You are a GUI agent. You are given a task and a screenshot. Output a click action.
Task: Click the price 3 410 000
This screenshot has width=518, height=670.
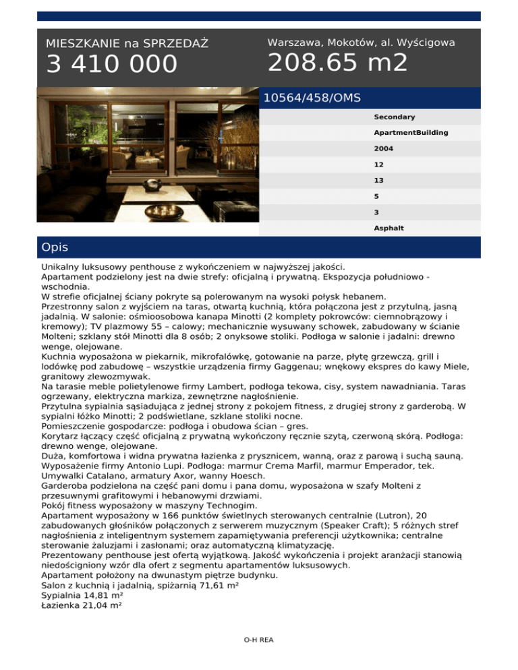click(111, 65)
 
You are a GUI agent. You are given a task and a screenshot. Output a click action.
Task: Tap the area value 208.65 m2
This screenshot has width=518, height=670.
click(337, 63)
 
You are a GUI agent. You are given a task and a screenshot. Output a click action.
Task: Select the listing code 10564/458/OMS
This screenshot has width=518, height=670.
click(312, 98)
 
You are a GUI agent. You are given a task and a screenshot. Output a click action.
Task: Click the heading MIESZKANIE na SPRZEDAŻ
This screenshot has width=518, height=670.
click(127, 44)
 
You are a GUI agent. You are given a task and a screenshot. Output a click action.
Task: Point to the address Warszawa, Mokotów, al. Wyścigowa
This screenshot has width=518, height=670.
click(361, 42)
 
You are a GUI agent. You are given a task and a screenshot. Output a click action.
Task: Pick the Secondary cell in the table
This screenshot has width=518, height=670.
click(395, 117)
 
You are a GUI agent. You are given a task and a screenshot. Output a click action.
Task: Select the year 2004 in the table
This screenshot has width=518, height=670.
click(384, 148)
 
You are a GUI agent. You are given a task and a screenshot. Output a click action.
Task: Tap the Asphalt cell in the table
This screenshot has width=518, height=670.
click(389, 228)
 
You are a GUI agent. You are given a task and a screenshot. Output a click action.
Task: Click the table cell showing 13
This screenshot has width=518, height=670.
click(379, 180)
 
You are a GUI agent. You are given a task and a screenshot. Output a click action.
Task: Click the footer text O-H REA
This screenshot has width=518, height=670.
click(258, 640)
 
